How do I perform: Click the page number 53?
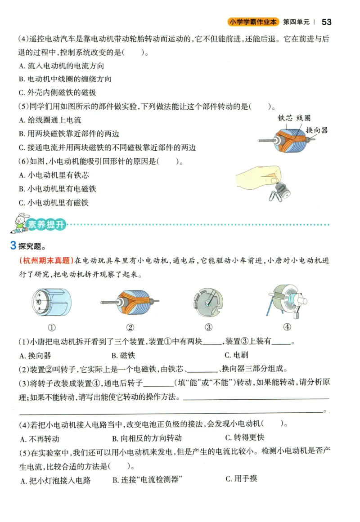pos(327,22)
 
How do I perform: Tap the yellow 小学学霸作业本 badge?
pos(253,22)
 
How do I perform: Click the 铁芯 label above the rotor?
pos(285,118)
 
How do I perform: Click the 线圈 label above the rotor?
pos(303,118)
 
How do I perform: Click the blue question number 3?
pos(13,245)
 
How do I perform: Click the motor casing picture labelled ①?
pos(52,302)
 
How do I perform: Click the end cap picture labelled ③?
pos(208,301)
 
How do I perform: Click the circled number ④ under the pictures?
pos(287,327)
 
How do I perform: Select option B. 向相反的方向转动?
pos(146,438)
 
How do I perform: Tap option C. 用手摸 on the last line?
pos(241,478)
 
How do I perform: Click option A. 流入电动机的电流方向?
pos(62,66)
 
